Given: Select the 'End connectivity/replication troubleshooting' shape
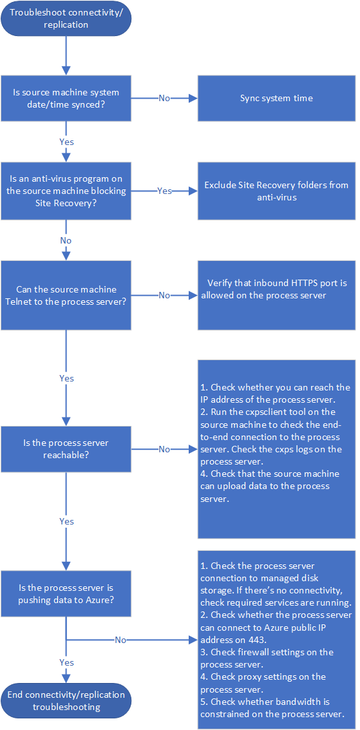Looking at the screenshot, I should pyautogui.click(x=66, y=700).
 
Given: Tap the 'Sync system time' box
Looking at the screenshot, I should pyautogui.click(x=276, y=98).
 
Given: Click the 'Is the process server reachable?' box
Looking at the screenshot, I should pyautogui.click(x=66, y=449).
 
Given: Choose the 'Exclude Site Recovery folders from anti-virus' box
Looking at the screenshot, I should pyautogui.click(x=276, y=191).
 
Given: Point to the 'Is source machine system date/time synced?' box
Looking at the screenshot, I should pyautogui.click(x=66, y=98).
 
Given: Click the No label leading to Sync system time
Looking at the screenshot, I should pyautogui.click(x=164, y=98).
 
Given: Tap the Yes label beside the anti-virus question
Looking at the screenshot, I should pyautogui.click(x=164, y=191).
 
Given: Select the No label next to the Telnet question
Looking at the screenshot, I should pyautogui.click(x=164, y=295).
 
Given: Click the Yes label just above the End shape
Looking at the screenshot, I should pyautogui.click(x=66, y=662).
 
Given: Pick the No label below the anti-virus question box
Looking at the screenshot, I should pyautogui.click(x=66, y=240).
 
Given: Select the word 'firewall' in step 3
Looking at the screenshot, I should pyautogui.click(x=252, y=652).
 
